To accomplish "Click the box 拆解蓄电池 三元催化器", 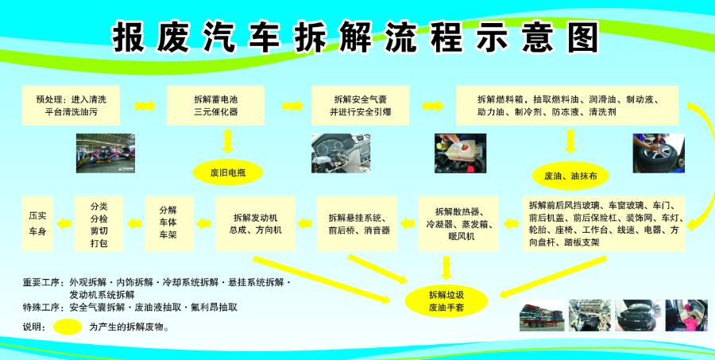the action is click(215, 106).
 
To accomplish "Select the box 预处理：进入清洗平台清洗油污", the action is click(71, 106).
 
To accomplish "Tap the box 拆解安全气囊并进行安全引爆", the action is click(360, 106).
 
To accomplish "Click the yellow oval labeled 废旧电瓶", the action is click(228, 173).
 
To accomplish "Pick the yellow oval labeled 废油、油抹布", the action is click(570, 176).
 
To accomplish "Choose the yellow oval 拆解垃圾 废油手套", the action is click(446, 300).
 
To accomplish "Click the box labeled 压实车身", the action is click(37, 223).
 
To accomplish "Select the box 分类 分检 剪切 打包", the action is click(99, 223).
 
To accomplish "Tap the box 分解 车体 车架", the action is click(170, 223).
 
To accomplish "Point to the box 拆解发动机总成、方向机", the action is click(255, 223).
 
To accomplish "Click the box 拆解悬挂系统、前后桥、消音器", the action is click(357, 223).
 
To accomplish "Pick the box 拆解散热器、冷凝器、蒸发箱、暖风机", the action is click(461, 223).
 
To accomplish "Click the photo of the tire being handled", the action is click(659, 153).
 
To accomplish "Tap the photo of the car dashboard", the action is click(341, 153).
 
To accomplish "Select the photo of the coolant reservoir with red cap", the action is click(461, 153).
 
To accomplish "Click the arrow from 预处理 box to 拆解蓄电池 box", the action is click(145, 106).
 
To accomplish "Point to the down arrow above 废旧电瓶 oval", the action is click(228, 142).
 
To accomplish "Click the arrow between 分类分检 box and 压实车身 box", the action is click(64, 223).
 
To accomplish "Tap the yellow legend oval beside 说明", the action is click(68, 327).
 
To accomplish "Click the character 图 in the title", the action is click(582, 37).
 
